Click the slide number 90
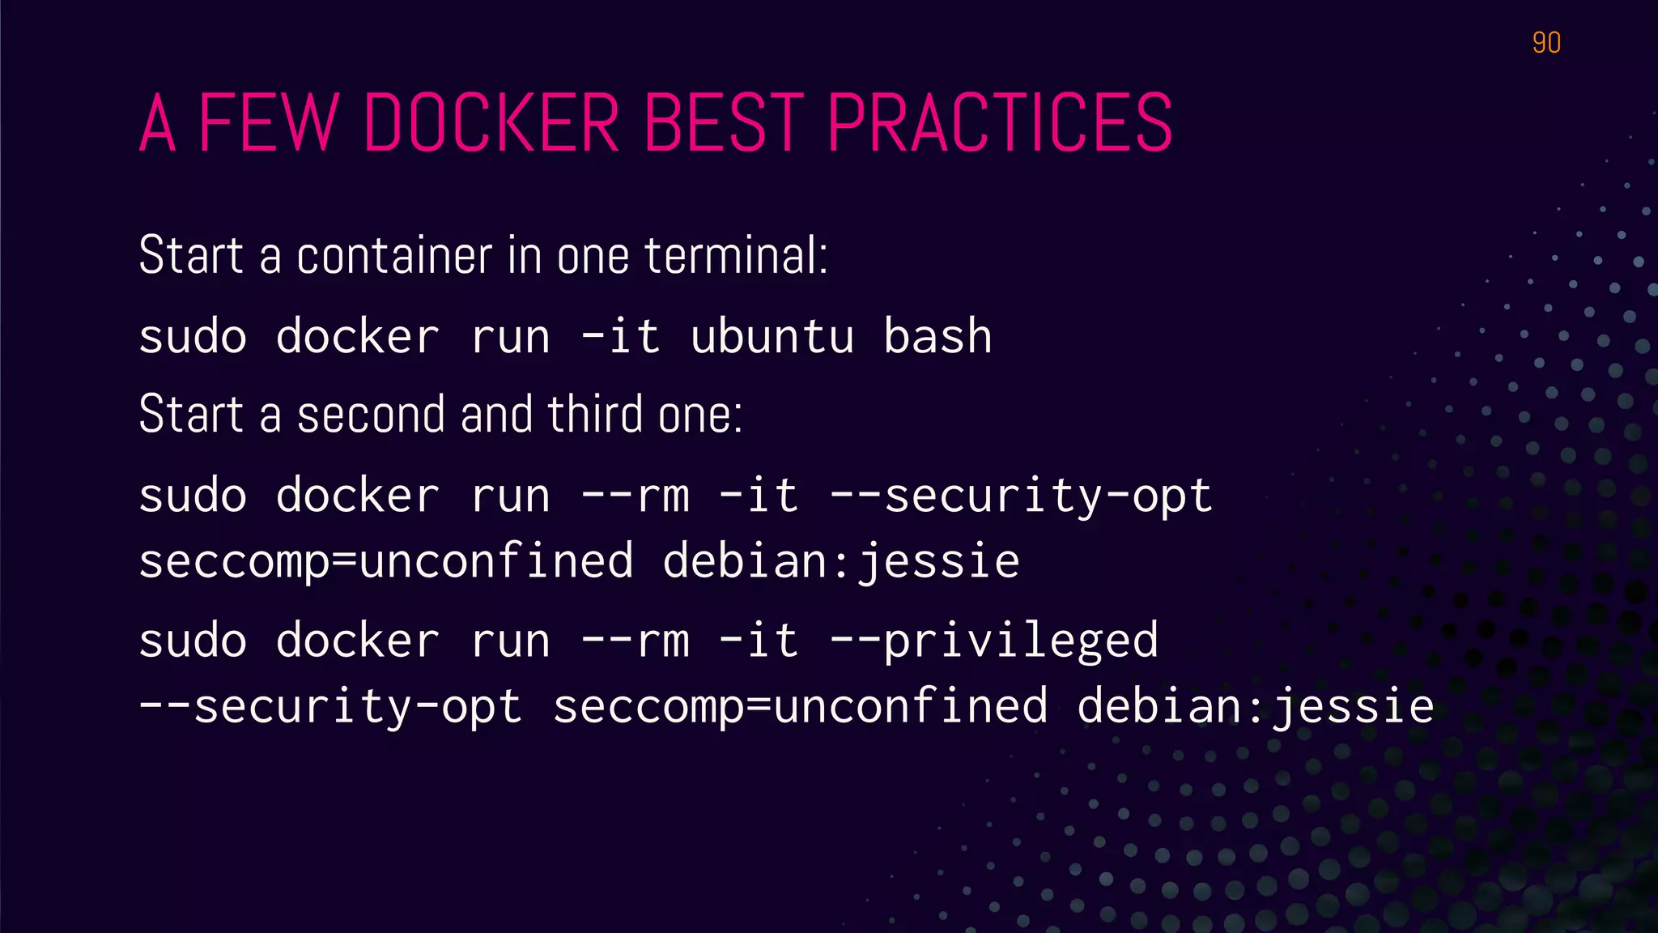point(1546,43)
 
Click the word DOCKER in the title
point(491,123)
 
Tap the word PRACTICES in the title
point(999,123)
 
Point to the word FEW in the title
point(268,123)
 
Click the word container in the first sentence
point(394,255)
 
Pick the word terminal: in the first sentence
point(736,255)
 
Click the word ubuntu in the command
point(772,336)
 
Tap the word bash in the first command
point(937,336)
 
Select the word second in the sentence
point(371,414)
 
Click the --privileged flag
point(994,641)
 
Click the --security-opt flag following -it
point(1021,496)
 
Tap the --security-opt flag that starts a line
point(330,706)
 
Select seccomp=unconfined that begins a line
point(385,561)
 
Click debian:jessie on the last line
point(1255,706)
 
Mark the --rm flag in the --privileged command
point(636,641)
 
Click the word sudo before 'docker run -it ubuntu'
point(193,336)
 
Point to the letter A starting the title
point(157,123)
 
